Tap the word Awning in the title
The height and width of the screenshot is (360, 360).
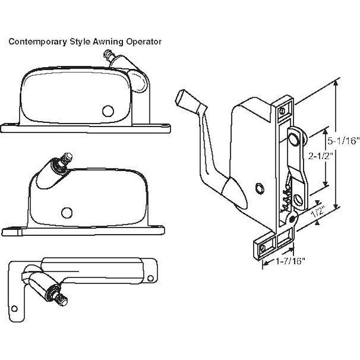tap(93, 42)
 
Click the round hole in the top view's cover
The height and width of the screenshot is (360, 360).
tap(108, 111)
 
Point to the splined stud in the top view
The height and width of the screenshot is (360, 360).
tap(108, 56)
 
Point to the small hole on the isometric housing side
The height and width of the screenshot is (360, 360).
tap(259, 188)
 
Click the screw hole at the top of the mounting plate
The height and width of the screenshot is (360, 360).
tap(283, 110)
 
